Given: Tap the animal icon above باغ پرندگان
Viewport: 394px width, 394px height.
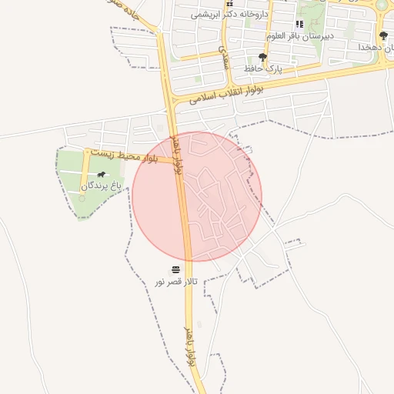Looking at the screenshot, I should pos(102,175).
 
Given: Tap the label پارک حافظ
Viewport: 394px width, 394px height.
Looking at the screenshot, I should pos(263,68).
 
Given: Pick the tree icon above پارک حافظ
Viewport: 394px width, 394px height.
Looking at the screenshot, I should pos(263,57).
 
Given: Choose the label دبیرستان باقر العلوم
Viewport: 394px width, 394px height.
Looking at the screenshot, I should pos(299,35).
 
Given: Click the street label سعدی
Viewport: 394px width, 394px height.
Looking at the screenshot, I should pos(224,54).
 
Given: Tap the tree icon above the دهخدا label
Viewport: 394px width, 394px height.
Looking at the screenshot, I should pos(383,35).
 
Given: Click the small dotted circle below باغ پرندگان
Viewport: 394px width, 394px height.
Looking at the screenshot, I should pos(82,199).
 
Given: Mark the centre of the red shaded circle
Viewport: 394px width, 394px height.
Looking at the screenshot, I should pos(197,196).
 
